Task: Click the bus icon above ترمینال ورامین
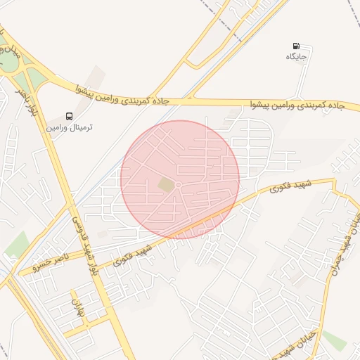pos(69,116)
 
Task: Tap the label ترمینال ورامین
pos(70,128)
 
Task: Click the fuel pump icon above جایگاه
pos(296,46)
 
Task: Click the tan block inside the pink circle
pos(165,184)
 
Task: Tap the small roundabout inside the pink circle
pos(179,184)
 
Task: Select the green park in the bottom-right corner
pos(335,341)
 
